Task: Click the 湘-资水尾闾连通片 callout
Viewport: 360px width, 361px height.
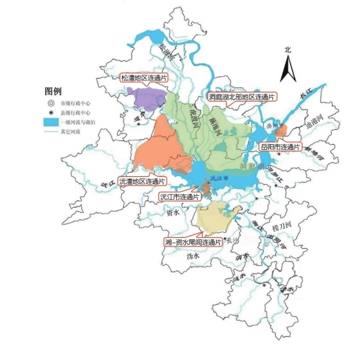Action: [194, 242]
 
